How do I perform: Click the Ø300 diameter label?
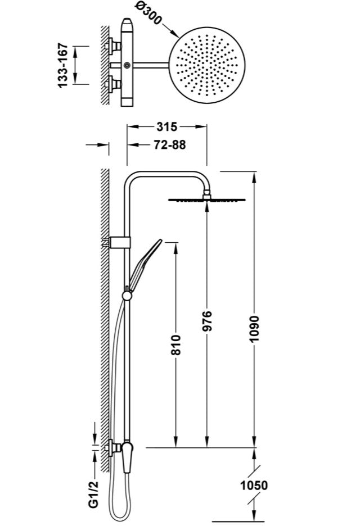click(x=148, y=13)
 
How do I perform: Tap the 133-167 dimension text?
click(x=63, y=65)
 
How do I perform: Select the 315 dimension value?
click(x=166, y=126)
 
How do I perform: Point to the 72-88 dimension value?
click(x=169, y=144)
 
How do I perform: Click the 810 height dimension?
click(x=175, y=344)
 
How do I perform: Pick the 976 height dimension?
click(x=207, y=321)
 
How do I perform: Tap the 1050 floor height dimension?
click(x=254, y=485)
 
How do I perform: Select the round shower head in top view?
click(x=207, y=65)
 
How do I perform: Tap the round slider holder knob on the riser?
click(x=127, y=296)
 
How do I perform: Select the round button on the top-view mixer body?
click(x=127, y=65)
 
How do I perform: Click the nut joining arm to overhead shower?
click(x=207, y=194)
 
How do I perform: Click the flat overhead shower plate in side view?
click(x=207, y=200)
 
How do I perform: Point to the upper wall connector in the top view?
click(x=114, y=46)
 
